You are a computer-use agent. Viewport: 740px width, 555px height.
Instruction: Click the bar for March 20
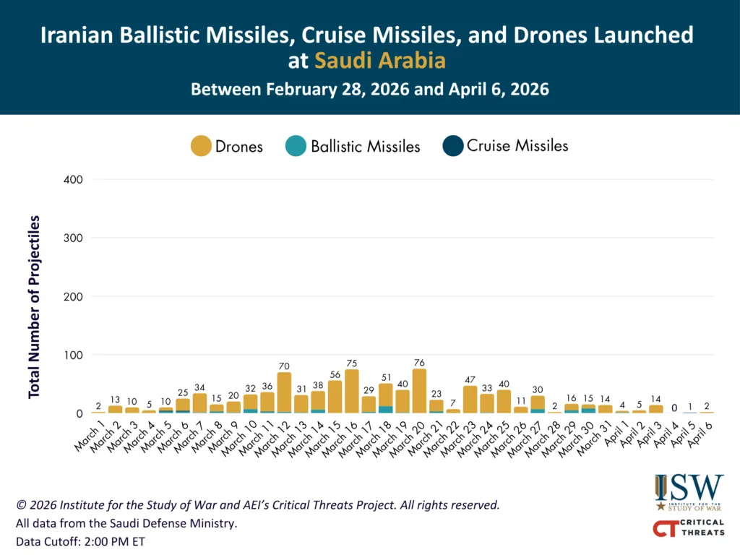coord(419,391)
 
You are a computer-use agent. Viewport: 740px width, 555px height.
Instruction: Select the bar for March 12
coord(284,392)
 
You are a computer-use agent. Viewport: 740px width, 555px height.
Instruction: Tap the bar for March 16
coord(352,391)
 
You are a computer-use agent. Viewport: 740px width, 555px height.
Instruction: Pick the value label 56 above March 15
coord(335,374)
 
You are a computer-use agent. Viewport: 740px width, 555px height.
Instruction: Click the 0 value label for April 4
coord(673,408)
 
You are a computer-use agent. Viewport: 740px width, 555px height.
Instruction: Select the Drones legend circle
coord(200,146)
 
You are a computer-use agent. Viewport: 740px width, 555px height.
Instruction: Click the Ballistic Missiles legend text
coord(365,147)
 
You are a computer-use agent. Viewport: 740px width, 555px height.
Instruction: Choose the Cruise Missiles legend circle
coord(452,146)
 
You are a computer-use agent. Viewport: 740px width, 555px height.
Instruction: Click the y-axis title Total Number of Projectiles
coord(34,306)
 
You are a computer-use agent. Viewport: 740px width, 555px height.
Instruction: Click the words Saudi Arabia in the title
coord(379,61)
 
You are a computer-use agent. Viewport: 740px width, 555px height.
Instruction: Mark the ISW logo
coord(688,493)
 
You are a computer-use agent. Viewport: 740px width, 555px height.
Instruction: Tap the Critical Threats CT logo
coord(688,528)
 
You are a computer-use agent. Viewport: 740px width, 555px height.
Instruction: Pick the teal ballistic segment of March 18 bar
coord(385,410)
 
